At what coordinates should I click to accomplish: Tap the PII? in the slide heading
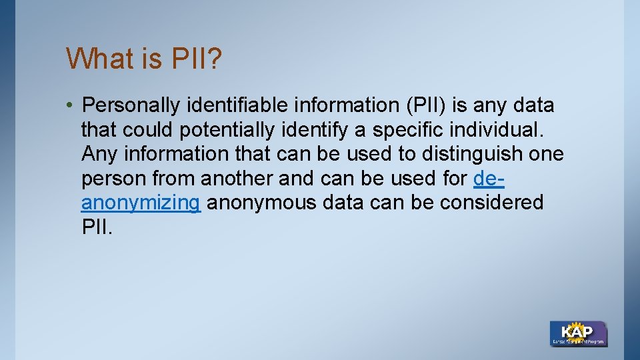pos(197,59)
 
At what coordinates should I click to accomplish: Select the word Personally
pos(131,105)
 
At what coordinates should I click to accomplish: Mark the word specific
pos(408,129)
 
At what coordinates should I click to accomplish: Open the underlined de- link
pos(488,179)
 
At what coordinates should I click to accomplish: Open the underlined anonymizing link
pos(141,203)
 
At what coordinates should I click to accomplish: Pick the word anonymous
pos(261,203)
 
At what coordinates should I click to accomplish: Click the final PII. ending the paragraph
pos(97,227)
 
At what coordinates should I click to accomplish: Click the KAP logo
pos(578,333)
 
